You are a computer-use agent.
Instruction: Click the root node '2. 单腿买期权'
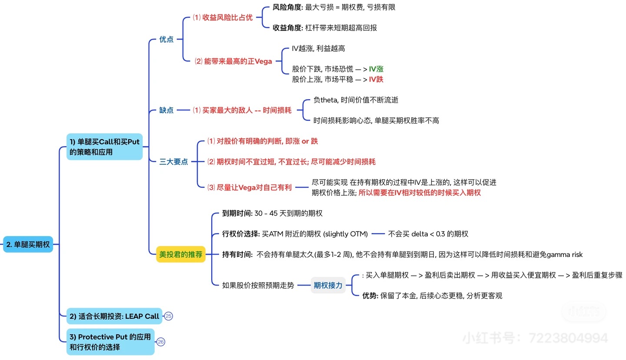28,244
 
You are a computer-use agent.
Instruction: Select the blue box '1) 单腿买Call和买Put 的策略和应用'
104,147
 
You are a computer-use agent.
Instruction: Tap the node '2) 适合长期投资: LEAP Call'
114,316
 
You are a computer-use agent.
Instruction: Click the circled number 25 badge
169,316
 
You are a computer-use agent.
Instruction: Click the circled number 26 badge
161,342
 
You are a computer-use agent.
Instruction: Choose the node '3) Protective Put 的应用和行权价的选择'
110,342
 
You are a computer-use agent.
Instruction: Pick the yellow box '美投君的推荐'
180,254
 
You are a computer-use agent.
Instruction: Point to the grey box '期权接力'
328,285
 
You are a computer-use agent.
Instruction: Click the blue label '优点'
166,39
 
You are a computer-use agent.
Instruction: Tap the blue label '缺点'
166,110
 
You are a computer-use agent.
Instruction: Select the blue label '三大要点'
173,162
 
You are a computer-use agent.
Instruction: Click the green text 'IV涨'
376,69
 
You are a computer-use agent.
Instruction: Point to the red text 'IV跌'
376,79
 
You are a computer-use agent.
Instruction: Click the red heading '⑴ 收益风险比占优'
223,17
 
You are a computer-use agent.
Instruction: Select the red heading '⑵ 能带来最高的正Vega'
233,61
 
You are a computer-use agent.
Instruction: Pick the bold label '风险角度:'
287,7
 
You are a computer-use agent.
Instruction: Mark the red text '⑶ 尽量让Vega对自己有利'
249,187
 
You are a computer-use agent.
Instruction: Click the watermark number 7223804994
568,338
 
